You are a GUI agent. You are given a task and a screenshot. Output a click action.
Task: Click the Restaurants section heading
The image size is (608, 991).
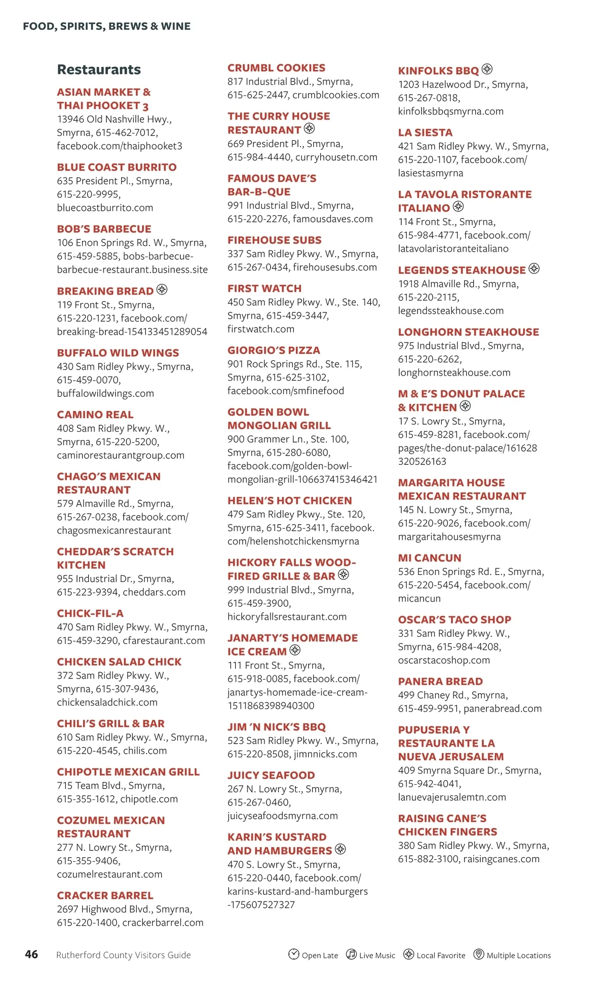point(99,69)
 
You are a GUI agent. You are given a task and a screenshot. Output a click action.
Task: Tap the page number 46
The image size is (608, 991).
point(31,954)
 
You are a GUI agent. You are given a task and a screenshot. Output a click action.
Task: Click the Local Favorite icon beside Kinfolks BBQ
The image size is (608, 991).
point(487,69)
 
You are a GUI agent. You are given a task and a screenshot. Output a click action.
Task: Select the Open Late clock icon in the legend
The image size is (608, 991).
point(293,954)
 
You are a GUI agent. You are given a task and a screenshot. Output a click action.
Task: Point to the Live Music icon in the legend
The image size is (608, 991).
point(351,954)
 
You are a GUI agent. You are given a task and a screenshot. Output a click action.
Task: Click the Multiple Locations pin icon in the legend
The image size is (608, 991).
point(478,954)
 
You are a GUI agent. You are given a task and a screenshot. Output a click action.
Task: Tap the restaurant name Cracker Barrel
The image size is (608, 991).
point(105,895)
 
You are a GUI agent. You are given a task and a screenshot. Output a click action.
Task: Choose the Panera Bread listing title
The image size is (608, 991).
point(440,681)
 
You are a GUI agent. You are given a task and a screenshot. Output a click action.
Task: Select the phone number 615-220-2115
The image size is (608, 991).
point(429,297)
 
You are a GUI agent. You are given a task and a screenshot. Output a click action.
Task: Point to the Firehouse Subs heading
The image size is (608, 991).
point(274,240)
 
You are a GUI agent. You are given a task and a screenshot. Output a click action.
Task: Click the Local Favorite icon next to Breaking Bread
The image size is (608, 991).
point(162,289)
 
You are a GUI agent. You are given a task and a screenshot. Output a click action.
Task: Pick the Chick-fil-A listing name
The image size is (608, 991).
point(90,613)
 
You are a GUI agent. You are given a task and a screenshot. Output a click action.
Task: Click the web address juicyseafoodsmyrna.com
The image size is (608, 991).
point(283,816)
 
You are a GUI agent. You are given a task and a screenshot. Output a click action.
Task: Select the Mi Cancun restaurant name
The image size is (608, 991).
point(430,558)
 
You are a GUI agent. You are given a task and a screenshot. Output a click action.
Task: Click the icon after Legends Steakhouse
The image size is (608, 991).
point(534,269)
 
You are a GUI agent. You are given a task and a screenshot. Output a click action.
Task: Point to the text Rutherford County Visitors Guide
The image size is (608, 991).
point(124,955)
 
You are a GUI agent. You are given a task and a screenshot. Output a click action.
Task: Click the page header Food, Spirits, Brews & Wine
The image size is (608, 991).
point(107,26)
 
